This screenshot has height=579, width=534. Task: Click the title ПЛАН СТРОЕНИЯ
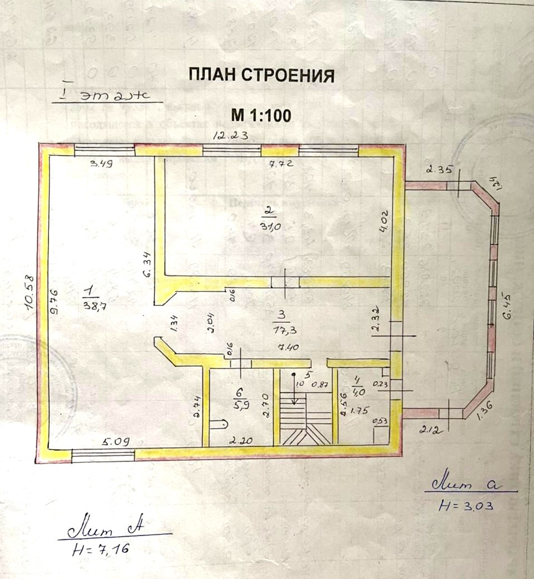point(261,75)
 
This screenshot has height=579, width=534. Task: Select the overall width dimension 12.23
point(232,135)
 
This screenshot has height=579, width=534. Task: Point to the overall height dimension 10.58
point(30,290)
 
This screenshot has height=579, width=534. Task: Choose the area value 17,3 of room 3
point(284,329)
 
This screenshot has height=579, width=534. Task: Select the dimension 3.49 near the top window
point(102,164)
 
